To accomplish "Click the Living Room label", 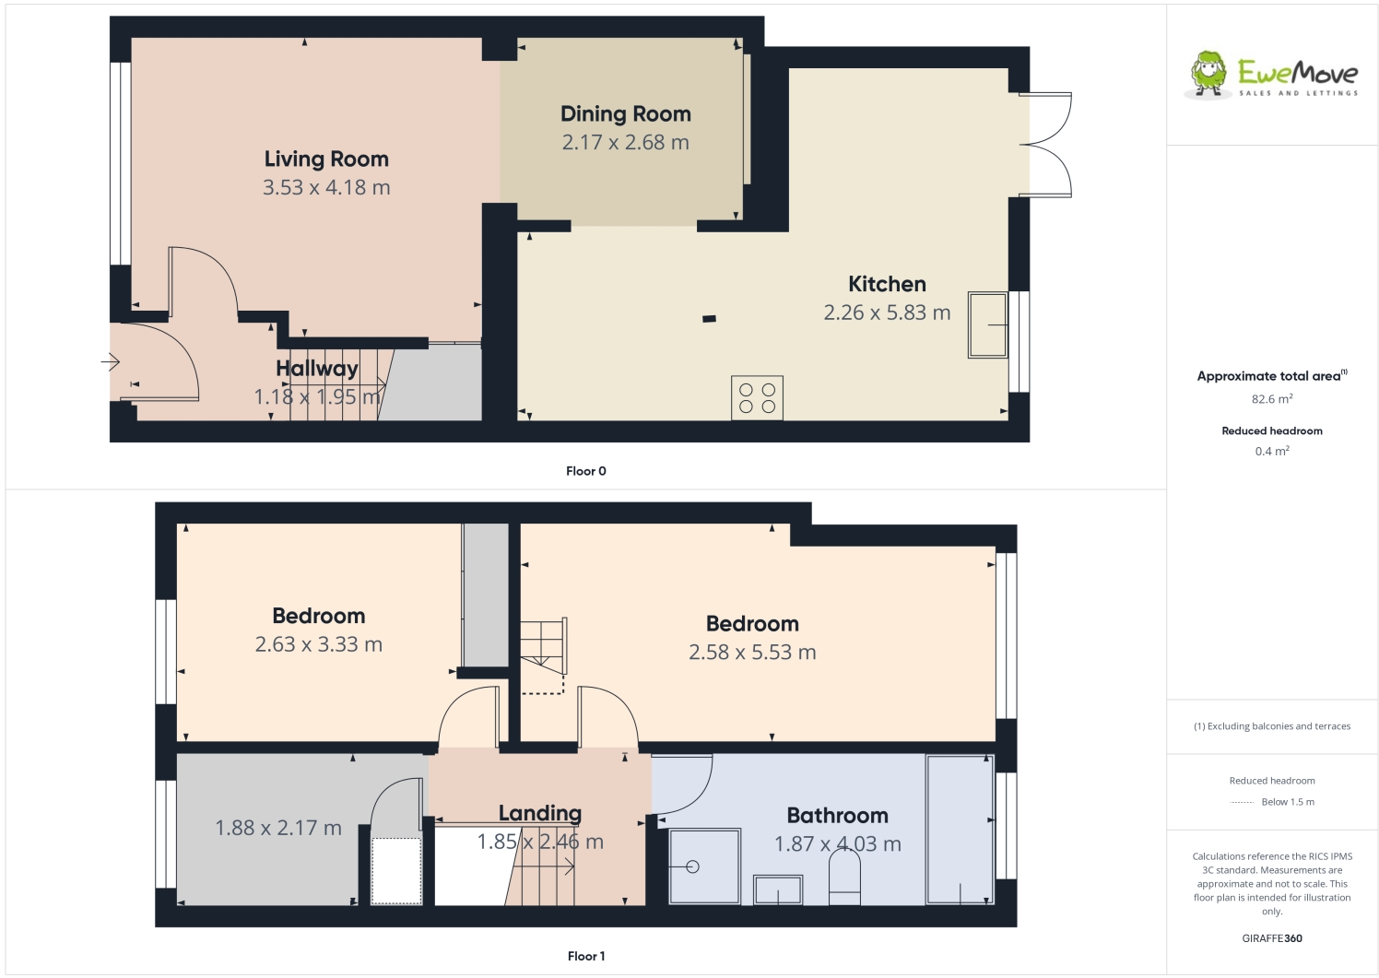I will (x=326, y=159).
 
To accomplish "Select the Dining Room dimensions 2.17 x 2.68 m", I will (x=625, y=143).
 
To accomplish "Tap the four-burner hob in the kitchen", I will (x=757, y=397).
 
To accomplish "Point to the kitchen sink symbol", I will (x=987, y=324).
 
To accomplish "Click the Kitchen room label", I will (x=887, y=284).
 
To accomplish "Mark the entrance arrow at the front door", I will (x=111, y=362).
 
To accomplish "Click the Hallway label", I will (x=317, y=369).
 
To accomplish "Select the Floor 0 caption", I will (x=585, y=471).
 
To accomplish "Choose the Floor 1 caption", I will (x=586, y=956).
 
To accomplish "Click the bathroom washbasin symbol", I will (x=778, y=890).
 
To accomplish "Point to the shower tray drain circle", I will (x=692, y=866).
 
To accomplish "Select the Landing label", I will (x=540, y=813).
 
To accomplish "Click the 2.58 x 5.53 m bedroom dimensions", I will (x=752, y=653).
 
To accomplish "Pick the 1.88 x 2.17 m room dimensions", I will (x=278, y=829).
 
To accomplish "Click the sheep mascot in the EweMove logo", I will (x=1208, y=74).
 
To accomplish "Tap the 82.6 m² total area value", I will (x=1271, y=399).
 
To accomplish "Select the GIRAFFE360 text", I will (x=1272, y=938).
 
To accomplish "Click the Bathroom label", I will (x=837, y=816).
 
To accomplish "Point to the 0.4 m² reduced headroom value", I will (x=1271, y=451).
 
